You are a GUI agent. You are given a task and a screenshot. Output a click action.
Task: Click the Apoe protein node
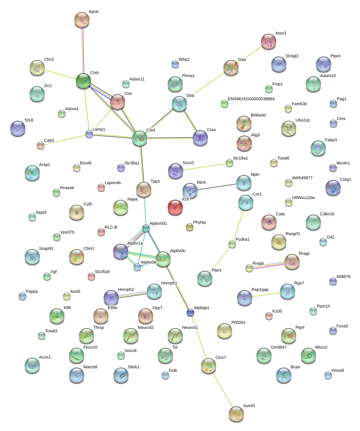pyautogui.click(x=82, y=20)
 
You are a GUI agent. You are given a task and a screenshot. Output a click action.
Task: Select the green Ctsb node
pyautogui.click(x=83, y=81)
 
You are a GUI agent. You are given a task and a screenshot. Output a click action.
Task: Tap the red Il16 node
pyautogui.click(x=175, y=208)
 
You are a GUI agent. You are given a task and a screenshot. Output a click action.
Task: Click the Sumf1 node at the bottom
pyautogui.click(x=236, y=414)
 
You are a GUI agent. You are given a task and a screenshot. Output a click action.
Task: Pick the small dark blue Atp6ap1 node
pyautogui.click(x=190, y=313)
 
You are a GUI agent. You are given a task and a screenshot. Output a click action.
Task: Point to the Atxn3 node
pyautogui.click(x=269, y=41)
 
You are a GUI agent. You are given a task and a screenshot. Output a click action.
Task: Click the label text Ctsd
pyautogui.click(x=151, y=130)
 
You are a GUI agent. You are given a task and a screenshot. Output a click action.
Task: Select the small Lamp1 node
pyautogui.click(x=89, y=134)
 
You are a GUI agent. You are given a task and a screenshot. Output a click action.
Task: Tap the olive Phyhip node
pyautogui.click(x=190, y=227)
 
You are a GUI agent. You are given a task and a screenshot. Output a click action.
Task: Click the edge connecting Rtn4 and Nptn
pyautogui.click(x=217, y=186)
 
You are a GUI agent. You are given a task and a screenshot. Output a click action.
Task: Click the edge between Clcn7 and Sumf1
pyautogui.click(x=222, y=390)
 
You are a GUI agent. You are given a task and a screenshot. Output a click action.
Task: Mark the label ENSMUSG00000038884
pyautogui.click(x=251, y=99)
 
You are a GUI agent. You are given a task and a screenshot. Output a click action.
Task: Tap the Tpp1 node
pyautogui.click(x=144, y=189)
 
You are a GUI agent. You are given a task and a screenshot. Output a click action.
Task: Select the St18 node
pyautogui.click(x=18, y=128)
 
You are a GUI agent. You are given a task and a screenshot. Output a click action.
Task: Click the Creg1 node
pyautogui.click(x=333, y=188)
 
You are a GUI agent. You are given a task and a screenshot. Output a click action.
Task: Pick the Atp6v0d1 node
pyautogui.click(x=146, y=228)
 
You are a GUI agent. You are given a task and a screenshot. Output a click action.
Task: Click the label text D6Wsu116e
pyautogui.click(x=303, y=197)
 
